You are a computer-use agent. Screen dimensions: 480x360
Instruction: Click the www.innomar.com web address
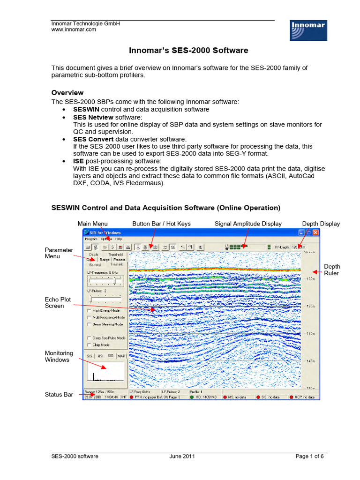coord(73,29)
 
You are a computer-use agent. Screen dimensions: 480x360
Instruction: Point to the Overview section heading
coord(67,93)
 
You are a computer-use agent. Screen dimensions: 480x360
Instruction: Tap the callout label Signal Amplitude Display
coord(248,224)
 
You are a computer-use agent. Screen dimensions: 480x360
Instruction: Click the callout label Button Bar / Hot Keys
coord(161,224)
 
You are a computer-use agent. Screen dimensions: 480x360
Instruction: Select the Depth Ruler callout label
coord(332,270)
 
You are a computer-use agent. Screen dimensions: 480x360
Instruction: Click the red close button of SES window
coord(315,232)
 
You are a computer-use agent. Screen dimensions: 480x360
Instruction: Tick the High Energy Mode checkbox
coord(90,310)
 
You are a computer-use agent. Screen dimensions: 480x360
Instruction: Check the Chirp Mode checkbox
coord(90,345)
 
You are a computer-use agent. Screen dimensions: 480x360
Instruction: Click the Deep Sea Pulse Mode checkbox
coord(90,337)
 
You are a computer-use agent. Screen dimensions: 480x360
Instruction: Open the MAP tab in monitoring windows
coord(122,356)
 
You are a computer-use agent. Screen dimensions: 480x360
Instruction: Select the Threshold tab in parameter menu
coord(115,255)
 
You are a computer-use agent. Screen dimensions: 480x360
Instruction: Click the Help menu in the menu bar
coord(119,239)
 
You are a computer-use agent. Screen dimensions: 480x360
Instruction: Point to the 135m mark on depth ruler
coord(310,306)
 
